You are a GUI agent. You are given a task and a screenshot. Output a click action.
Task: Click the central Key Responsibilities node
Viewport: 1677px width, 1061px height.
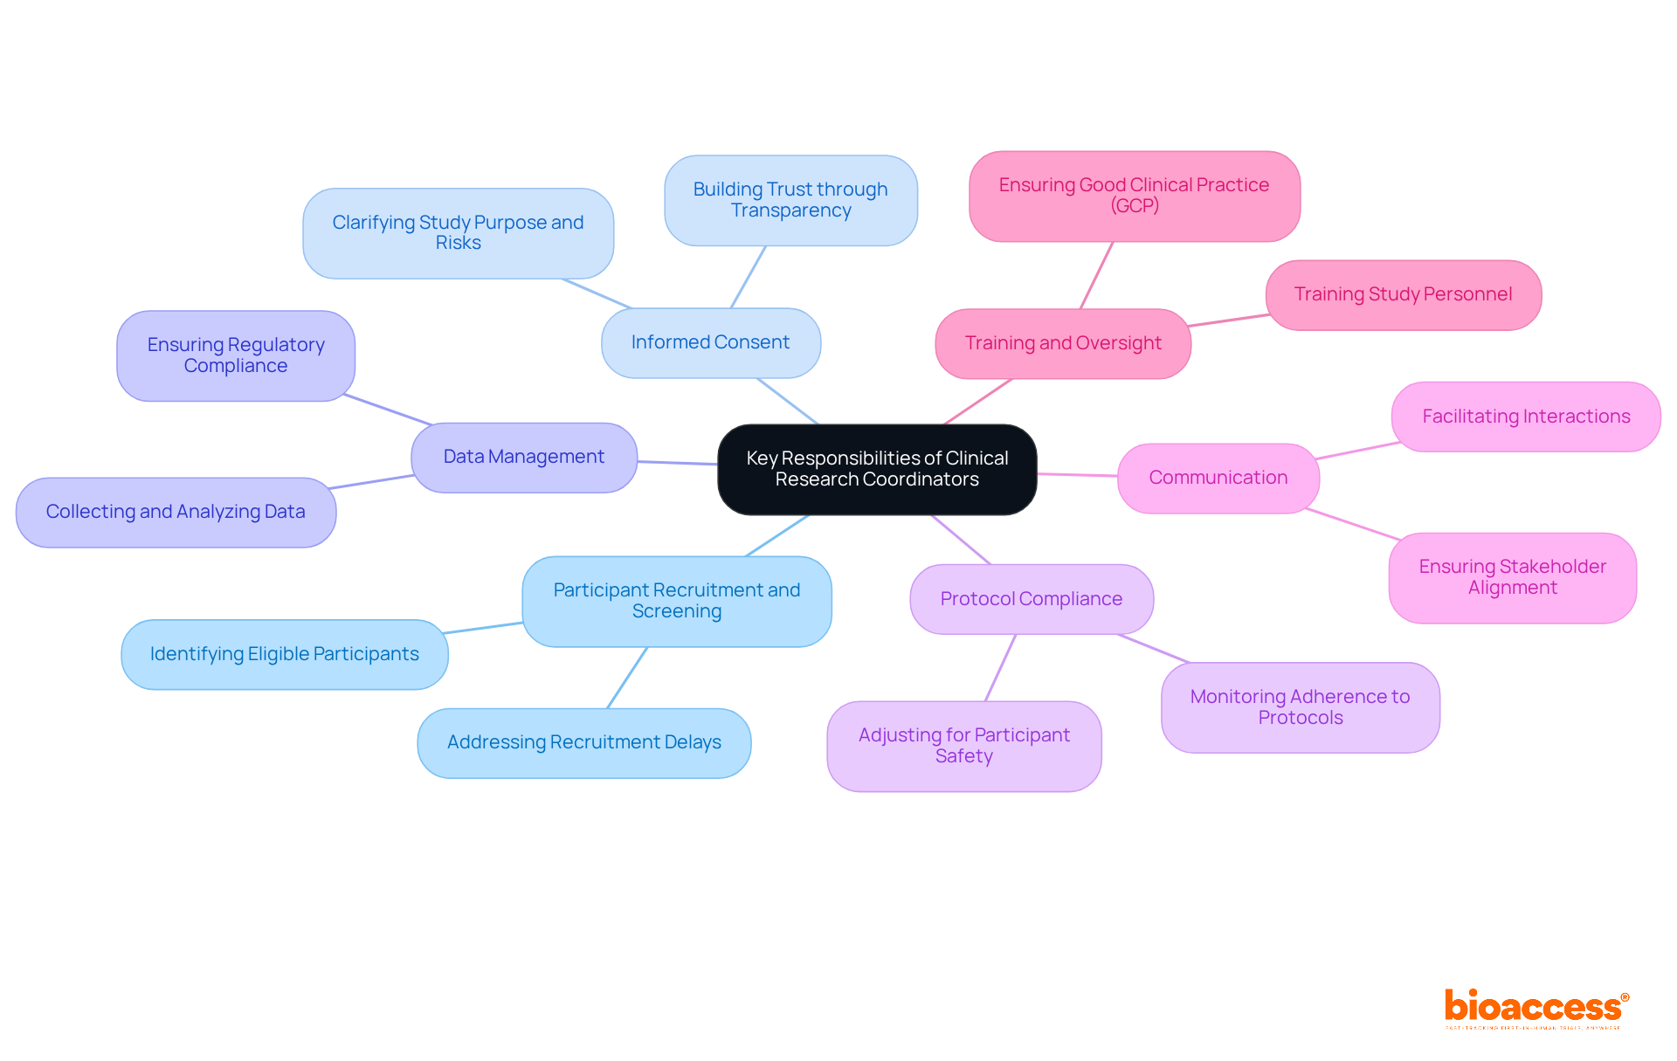click(877, 469)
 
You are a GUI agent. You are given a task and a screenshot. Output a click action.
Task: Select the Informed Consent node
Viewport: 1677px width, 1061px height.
click(710, 342)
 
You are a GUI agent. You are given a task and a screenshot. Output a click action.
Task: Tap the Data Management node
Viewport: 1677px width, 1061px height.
click(524, 457)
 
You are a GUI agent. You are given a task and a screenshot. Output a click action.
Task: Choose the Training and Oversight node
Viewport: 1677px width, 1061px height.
click(1062, 343)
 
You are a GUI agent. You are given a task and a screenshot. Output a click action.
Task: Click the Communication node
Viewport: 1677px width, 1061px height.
click(1218, 478)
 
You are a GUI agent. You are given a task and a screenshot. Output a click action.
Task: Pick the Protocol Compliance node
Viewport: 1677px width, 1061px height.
click(1031, 599)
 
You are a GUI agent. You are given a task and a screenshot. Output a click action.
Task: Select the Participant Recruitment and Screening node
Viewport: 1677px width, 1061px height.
click(676, 601)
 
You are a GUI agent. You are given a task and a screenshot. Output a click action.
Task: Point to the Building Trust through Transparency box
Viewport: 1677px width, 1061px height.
click(790, 200)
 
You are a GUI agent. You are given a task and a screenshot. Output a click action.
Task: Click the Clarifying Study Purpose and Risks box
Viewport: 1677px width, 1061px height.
click(458, 233)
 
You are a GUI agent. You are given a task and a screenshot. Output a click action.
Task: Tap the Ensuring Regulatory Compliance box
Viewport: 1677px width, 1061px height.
click(236, 355)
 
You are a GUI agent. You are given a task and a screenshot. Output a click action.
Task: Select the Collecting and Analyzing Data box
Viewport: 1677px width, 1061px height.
click(176, 512)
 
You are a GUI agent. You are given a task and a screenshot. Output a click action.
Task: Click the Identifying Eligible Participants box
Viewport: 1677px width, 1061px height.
click(284, 654)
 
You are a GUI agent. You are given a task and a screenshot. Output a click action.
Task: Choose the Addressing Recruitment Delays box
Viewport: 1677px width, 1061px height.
click(583, 742)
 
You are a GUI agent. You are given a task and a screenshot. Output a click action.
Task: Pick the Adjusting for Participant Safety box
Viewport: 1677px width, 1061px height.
click(963, 746)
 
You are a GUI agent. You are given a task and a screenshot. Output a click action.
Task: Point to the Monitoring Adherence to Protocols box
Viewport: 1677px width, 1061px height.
click(1300, 707)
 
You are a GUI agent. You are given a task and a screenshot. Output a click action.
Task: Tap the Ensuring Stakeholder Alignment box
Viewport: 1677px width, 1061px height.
click(1512, 577)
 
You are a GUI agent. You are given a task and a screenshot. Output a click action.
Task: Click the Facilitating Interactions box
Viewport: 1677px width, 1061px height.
click(1525, 417)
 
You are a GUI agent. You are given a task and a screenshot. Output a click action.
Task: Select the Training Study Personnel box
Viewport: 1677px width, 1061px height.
click(1403, 294)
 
